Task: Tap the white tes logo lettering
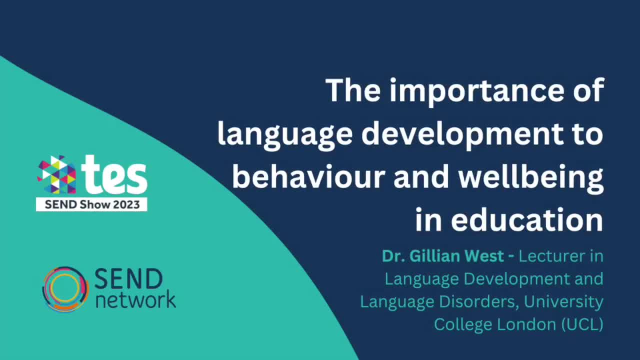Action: click(x=115, y=175)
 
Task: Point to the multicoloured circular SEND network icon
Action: click(x=65, y=289)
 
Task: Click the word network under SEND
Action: click(x=135, y=299)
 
